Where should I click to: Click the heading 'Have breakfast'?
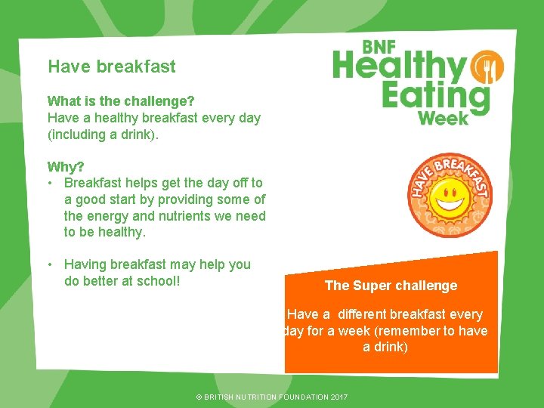click(111, 66)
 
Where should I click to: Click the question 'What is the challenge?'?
click(120, 101)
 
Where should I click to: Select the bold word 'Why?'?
click(65, 166)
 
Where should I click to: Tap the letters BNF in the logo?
click(379, 47)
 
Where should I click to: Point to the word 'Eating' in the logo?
click(435, 97)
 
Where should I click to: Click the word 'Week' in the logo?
click(443, 118)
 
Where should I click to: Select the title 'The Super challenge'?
click(391, 286)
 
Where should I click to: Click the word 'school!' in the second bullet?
click(161, 281)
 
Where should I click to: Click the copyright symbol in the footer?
click(199, 397)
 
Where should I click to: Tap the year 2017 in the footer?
click(338, 397)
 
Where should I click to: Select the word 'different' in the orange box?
click(368, 314)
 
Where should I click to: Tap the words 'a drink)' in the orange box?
click(385, 348)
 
